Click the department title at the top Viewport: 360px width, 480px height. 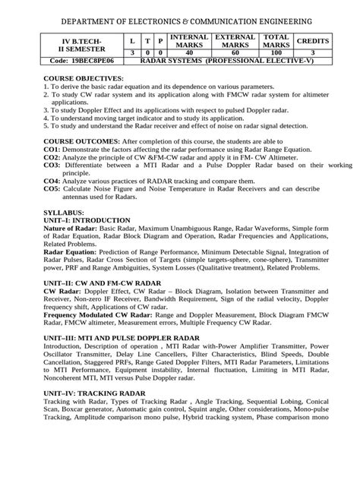point(180,17)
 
